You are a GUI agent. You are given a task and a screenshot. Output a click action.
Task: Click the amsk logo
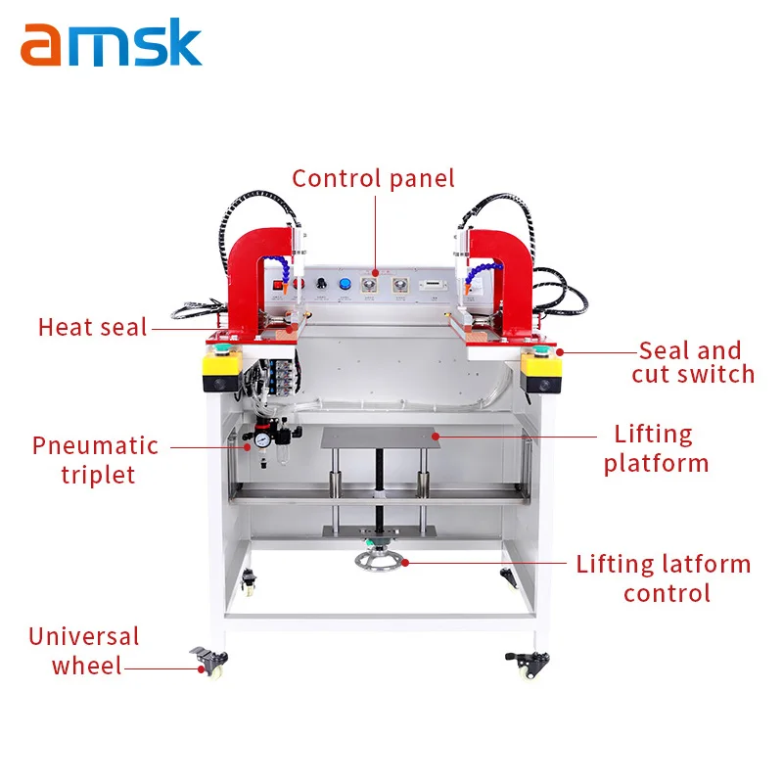[111, 44]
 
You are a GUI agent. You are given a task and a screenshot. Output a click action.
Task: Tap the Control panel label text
[373, 178]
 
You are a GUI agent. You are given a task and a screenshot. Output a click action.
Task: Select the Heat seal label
[92, 327]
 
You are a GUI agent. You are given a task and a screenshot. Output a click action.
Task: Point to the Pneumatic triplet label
[95, 459]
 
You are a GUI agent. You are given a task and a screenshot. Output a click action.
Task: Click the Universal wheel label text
[83, 651]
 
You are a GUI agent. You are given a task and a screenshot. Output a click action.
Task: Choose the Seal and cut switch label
[692, 362]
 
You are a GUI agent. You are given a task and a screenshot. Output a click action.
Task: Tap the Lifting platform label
[653, 447]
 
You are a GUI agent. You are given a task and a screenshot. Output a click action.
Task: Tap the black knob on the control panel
[320, 284]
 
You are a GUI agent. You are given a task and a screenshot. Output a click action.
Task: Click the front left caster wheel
[209, 665]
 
